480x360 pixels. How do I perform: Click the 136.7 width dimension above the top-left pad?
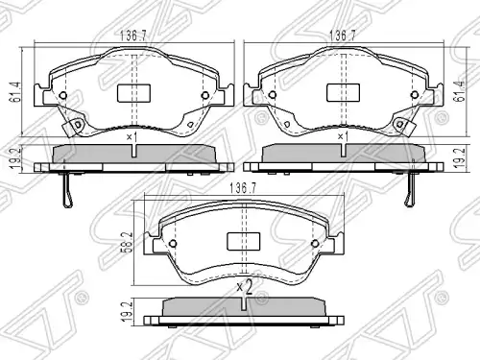click(133, 36)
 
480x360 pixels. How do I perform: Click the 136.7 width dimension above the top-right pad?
click(343, 36)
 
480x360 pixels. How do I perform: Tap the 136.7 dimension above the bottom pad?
click(243, 188)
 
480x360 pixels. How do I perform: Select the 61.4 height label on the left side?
click(15, 92)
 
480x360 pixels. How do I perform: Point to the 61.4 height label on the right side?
click(460, 91)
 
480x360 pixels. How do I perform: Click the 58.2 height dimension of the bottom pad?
click(127, 243)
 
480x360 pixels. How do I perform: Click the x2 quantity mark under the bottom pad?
click(245, 287)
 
